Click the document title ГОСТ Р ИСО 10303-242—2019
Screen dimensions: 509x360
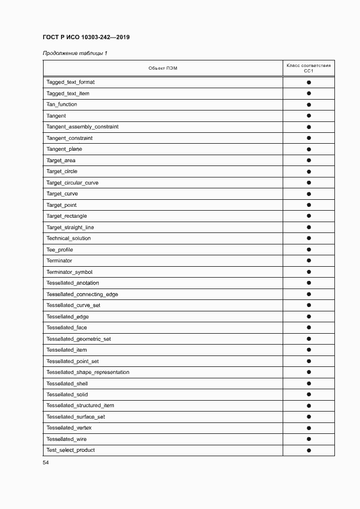pos(86,37)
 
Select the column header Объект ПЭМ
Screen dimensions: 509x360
pos(162,68)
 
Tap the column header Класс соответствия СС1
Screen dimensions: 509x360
pos(308,68)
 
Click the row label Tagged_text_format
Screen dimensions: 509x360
pos(70,82)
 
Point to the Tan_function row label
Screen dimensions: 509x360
pos(62,105)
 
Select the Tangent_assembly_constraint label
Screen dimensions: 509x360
pos(82,127)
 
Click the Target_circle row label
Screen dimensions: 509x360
pos(62,171)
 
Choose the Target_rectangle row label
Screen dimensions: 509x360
pos(66,216)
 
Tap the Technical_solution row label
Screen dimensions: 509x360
pos(69,238)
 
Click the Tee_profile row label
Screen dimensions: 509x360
pos(59,250)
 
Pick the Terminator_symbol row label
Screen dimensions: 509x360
pos(69,272)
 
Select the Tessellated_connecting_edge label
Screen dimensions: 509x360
pos(82,295)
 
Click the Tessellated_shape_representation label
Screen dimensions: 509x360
pos(88,372)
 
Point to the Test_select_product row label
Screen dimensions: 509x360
pos(70,450)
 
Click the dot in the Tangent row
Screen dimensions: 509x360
pos(308,116)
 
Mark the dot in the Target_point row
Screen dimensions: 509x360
pos(308,205)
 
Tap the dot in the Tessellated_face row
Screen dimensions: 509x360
pos(308,328)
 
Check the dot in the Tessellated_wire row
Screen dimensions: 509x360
pos(308,439)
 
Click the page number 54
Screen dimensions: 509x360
pos(46,463)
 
